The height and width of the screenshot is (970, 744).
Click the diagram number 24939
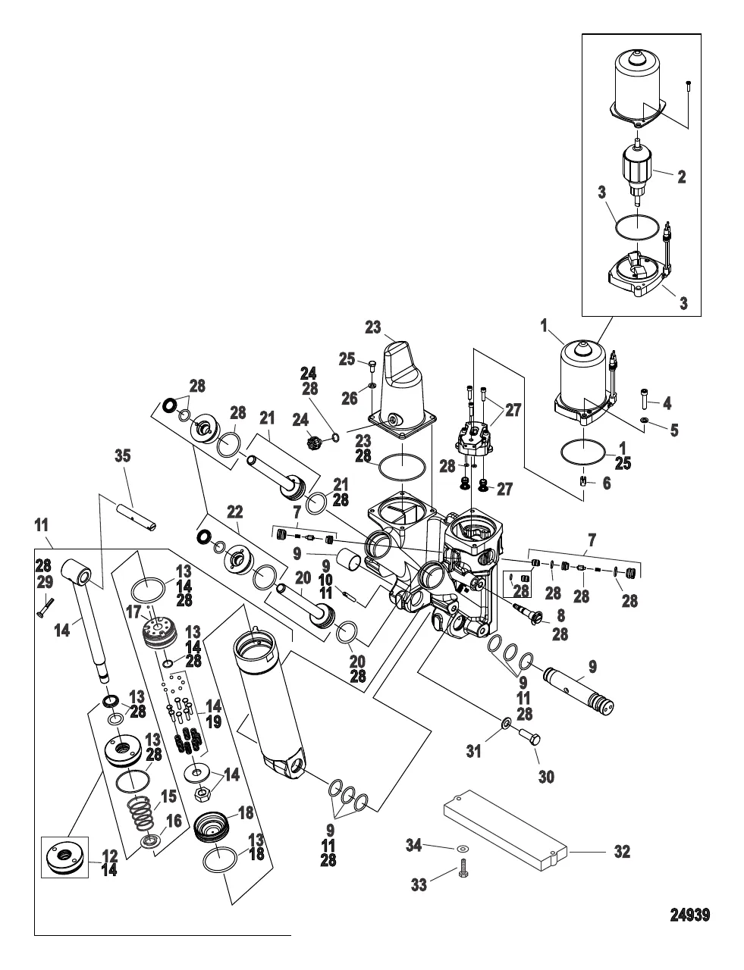[689, 915]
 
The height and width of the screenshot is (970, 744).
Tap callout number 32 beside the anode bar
[622, 852]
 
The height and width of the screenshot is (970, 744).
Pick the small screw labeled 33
[463, 874]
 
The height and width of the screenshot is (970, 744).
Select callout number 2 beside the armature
[681, 177]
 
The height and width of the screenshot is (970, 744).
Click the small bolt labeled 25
[371, 367]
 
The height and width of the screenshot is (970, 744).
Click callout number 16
[174, 820]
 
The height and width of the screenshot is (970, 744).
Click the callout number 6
[606, 483]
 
